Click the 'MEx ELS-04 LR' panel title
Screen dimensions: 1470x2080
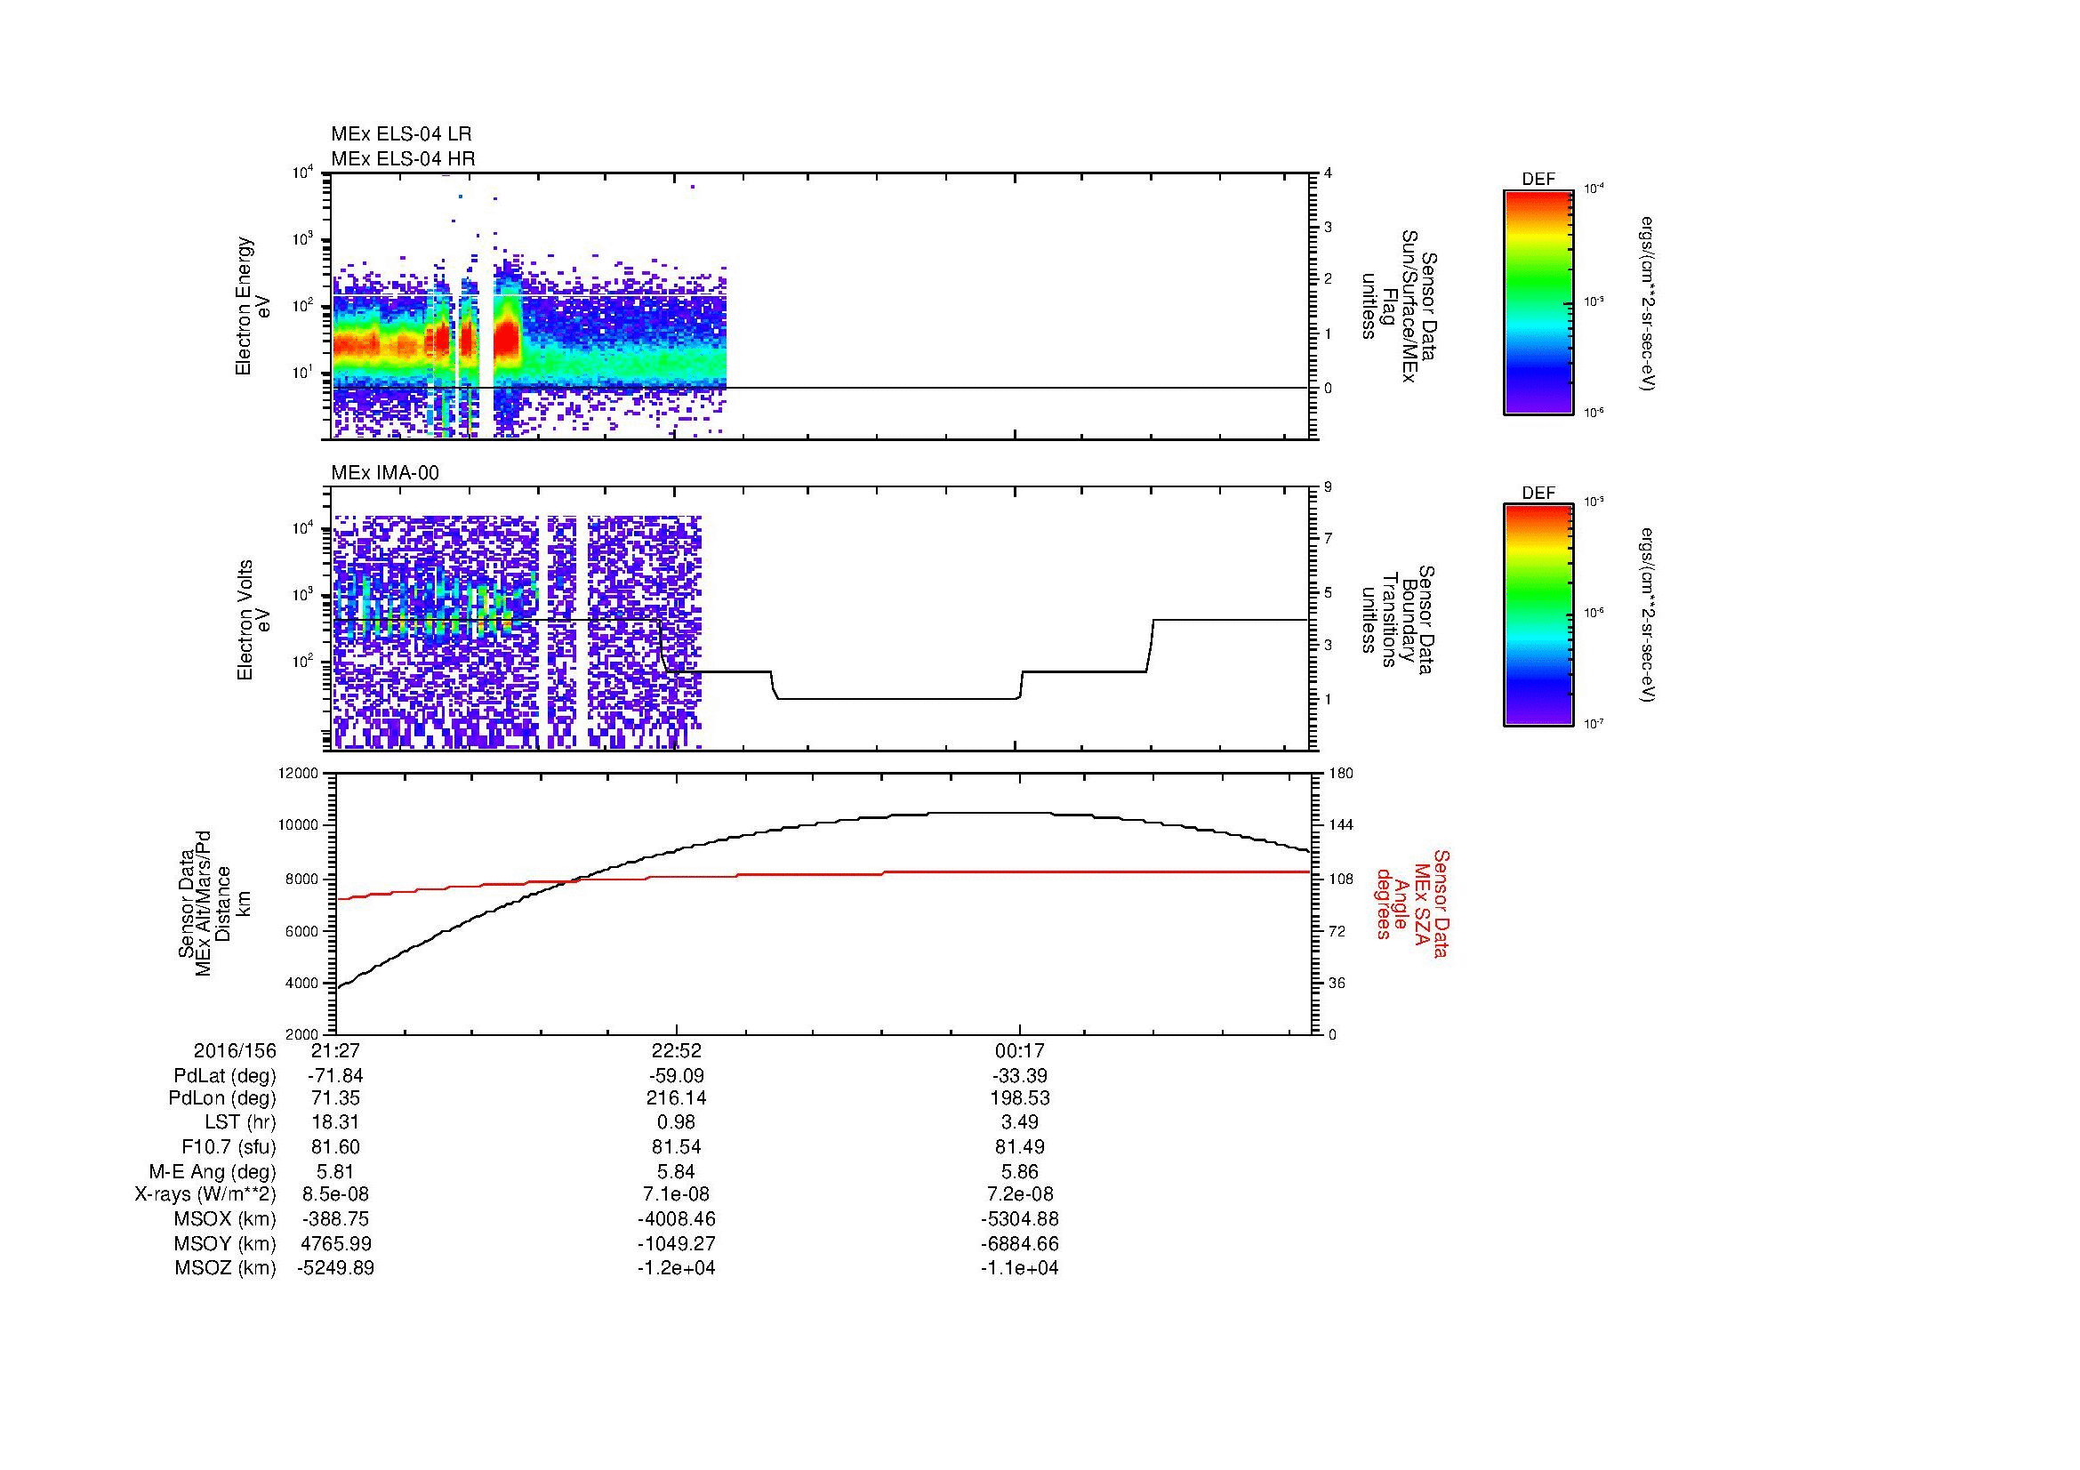401,134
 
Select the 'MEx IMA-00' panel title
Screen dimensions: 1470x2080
385,473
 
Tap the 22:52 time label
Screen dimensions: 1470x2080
677,1050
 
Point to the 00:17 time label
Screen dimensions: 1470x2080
1020,1050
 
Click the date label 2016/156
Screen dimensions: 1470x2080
235,1050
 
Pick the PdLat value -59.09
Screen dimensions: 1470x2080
677,1076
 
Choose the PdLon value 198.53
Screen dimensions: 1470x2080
1020,1098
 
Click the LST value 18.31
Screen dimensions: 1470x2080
336,1122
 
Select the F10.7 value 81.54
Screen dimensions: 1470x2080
677,1146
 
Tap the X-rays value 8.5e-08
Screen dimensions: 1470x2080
336,1194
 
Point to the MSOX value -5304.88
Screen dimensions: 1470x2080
1020,1219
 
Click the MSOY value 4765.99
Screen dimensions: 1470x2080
336,1243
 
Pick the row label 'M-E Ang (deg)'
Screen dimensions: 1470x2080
212,1171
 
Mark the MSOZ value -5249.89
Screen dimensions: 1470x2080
336,1268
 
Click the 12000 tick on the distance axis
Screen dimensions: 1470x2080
300,774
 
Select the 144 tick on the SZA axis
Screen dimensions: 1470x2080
1340,825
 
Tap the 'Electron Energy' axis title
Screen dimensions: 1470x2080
244,306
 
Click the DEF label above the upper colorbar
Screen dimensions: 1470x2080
1538,180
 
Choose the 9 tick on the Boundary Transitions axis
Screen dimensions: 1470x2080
1328,486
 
